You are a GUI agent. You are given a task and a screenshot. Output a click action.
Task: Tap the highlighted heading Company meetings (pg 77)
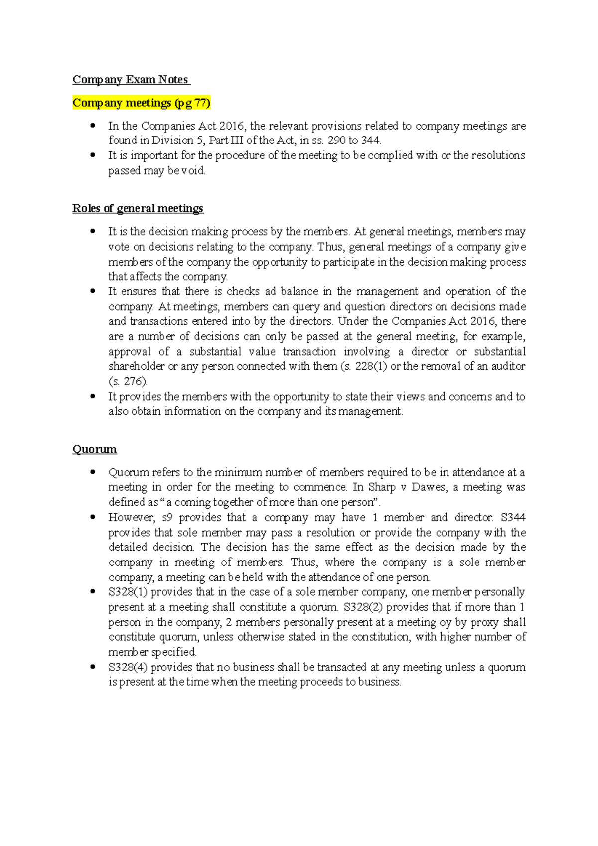(142, 103)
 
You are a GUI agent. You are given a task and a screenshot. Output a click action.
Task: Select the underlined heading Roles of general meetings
(138, 208)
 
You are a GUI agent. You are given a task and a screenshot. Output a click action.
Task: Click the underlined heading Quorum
(95, 449)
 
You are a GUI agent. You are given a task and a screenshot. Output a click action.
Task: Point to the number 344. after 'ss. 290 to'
(371, 141)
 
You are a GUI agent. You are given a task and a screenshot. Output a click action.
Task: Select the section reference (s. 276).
(128, 382)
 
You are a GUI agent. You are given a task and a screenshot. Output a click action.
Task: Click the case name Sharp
(382, 487)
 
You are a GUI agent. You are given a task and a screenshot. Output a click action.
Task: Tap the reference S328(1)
(128, 592)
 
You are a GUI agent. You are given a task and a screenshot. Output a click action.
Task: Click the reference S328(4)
(128, 667)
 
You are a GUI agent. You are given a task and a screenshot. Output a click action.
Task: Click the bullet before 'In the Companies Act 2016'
(92, 126)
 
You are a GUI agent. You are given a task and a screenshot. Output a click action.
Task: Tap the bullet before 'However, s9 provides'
(92, 517)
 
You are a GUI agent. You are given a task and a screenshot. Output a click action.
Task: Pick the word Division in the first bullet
(172, 141)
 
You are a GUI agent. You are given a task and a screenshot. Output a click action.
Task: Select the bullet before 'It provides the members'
(92, 396)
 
